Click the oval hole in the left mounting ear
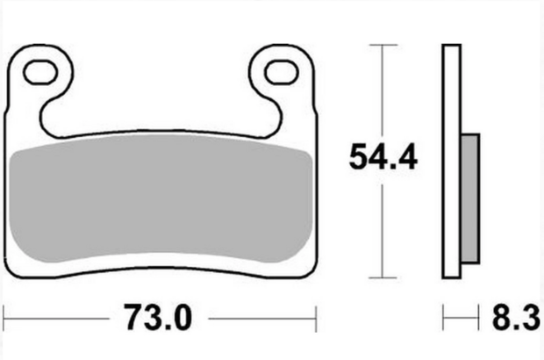click(x=39, y=71)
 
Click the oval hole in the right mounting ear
click(x=283, y=71)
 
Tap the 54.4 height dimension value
click(x=383, y=158)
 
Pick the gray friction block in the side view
click(x=469, y=198)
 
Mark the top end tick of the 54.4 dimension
click(x=382, y=44)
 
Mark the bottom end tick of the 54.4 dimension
click(x=382, y=273)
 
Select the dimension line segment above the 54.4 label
click(x=382, y=88)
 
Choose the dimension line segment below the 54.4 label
click(x=382, y=228)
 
